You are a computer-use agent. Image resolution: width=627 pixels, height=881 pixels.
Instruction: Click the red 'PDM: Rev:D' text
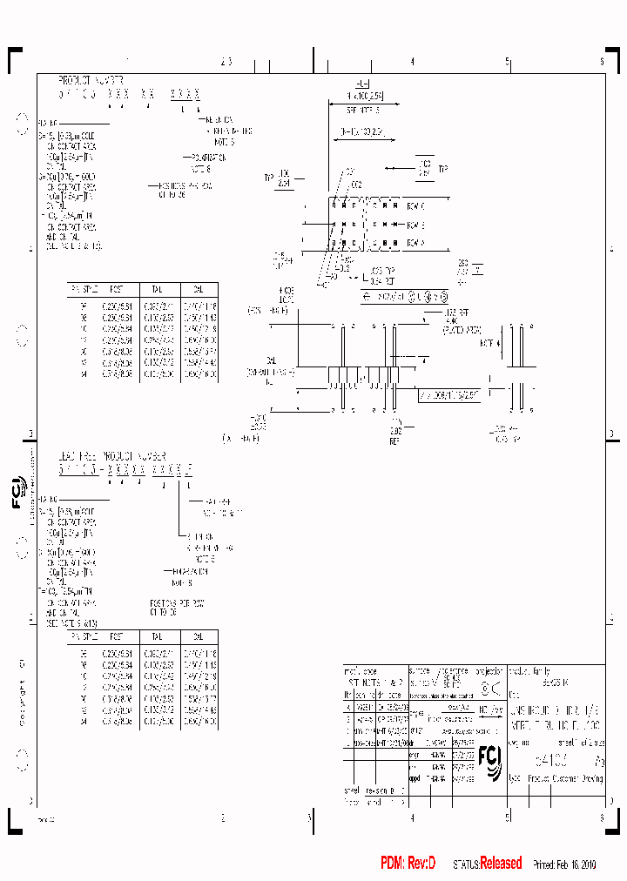408,863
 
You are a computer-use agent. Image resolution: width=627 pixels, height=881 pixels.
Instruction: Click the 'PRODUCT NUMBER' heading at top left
91,79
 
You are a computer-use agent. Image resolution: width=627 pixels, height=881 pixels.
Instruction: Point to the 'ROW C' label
415,206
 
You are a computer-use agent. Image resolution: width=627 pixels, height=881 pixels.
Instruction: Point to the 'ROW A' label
415,243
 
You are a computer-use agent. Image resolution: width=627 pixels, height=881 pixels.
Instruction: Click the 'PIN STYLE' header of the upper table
84,288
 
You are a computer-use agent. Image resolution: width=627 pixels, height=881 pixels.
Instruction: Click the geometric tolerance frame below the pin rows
404,297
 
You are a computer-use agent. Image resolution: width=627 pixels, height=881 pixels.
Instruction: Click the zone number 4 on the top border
412,62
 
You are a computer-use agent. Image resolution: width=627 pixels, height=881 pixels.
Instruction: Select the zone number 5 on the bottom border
507,817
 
